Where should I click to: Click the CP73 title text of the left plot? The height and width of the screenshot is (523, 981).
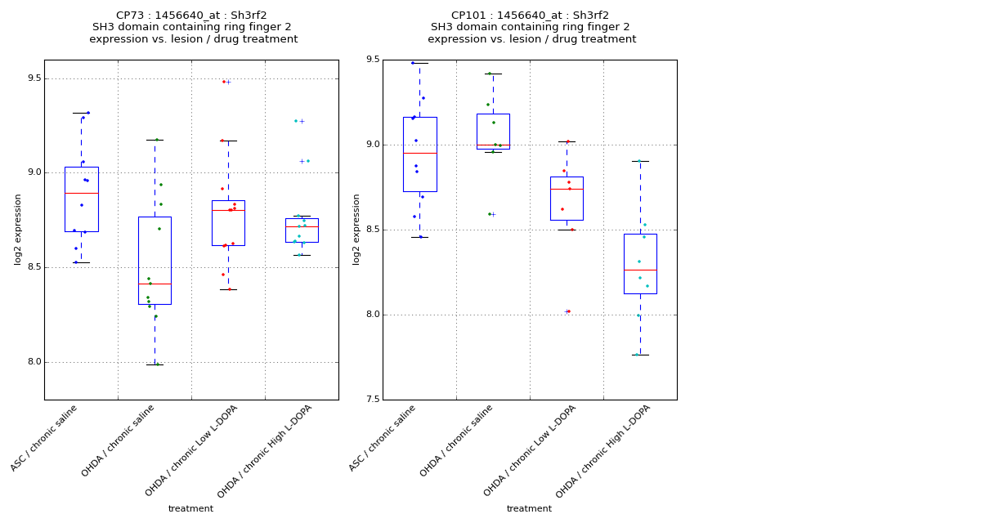coord(191,16)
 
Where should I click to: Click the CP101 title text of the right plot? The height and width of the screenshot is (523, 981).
coord(530,16)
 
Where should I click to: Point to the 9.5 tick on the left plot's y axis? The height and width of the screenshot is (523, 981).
coord(31,79)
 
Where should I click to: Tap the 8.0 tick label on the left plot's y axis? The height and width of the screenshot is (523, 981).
coord(31,363)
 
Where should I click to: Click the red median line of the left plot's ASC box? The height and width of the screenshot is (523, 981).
coord(82,193)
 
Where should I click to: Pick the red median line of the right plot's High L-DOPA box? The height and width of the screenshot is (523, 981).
coord(640,270)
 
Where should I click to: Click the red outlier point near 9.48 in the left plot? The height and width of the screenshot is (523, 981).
coord(223,82)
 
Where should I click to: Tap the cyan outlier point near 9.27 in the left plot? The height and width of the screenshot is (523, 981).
coord(296,121)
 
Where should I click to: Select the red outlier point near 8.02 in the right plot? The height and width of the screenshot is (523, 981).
coord(567,311)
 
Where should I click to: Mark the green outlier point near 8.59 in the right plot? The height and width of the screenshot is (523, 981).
coord(490,214)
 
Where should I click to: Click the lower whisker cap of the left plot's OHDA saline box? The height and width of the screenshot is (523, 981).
coord(155,364)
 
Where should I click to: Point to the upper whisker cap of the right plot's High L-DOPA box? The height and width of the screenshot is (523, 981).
coord(640,161)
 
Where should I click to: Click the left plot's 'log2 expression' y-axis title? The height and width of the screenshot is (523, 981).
coord(18,229)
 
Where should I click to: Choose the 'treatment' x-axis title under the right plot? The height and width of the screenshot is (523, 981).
coord(529,508)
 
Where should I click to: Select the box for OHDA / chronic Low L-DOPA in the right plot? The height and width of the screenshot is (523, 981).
coord(567,199)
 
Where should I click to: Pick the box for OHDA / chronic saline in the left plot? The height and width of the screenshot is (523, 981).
coord(155,260)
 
